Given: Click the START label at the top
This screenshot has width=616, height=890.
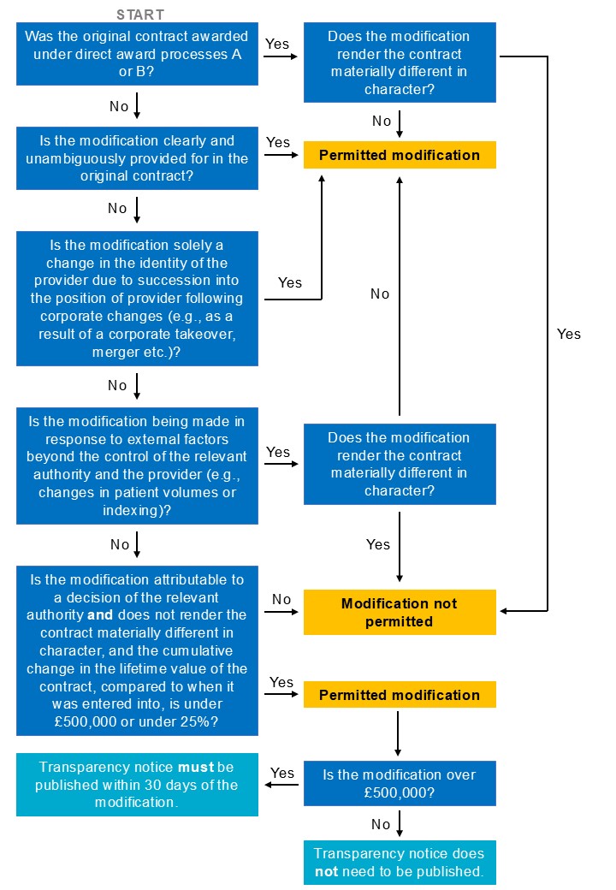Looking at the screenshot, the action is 140,15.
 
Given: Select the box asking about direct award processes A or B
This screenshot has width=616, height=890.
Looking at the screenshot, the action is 137,54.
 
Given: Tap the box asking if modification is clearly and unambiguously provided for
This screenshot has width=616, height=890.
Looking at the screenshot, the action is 137,158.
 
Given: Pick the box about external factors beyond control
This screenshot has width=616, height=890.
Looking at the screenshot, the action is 137,466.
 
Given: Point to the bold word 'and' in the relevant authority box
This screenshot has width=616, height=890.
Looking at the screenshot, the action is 100,614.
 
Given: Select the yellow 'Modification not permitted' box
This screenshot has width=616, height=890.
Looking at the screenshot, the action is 400,612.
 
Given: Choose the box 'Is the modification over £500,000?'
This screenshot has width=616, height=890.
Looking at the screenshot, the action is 400,783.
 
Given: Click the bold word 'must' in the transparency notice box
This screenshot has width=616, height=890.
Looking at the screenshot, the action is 196,768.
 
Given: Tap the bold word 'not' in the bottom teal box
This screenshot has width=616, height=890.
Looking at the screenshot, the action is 327,871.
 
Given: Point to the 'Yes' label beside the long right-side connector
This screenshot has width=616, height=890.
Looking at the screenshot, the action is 569,334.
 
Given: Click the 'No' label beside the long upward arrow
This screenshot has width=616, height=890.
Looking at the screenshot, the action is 380,294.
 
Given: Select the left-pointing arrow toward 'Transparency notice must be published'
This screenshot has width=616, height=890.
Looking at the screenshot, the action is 282,785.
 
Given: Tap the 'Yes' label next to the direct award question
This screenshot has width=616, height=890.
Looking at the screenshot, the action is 277,44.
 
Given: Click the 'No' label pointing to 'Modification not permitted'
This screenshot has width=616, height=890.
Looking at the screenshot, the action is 281,599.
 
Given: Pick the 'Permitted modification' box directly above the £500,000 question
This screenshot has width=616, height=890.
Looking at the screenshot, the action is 400,695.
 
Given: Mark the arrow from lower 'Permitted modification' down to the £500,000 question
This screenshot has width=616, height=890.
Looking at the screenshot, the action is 398,733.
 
